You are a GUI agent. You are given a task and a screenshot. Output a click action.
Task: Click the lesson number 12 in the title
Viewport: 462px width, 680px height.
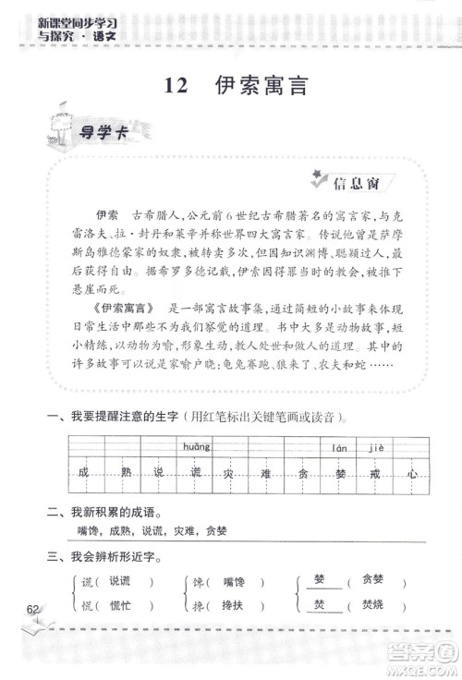176,86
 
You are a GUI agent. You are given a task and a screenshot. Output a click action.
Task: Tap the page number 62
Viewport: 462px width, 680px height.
34,609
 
